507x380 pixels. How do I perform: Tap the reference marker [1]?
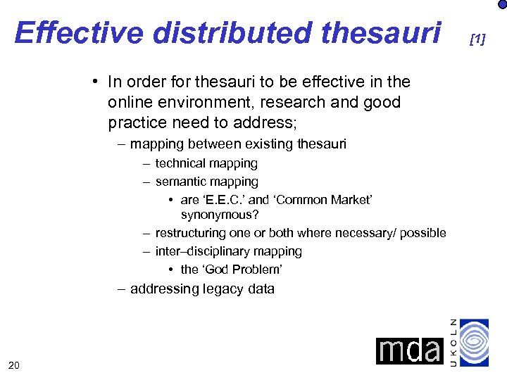tap(477, 39)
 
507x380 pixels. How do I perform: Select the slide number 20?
tap(13, 364)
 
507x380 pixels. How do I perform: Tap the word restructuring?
tap(196, 233)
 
